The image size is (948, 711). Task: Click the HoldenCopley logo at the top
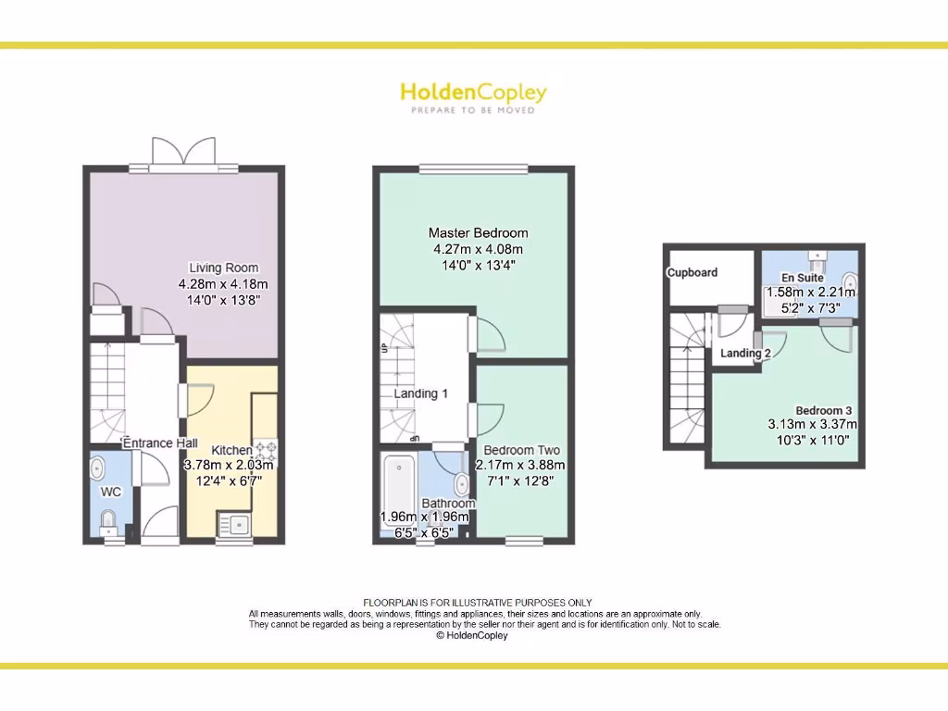pos(473,93)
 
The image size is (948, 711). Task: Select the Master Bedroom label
pos(478,232)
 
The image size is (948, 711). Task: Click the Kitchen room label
pos(231,450)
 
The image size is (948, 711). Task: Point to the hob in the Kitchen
pos(266,451)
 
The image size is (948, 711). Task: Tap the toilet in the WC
pos(107,520)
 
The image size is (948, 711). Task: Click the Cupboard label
pos(692,272)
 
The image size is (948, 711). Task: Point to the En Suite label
pos(802,277)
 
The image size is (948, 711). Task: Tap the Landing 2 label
pos(746,353)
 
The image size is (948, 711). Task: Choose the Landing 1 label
pos(421,393)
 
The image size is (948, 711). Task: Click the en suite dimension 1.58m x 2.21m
pos(811,292)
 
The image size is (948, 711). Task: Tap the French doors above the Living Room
pos(184,154)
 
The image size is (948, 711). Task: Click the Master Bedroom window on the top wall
pos(473,168)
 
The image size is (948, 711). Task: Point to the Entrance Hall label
pos(160,443)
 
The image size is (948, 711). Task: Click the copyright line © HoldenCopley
pos(472,635)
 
